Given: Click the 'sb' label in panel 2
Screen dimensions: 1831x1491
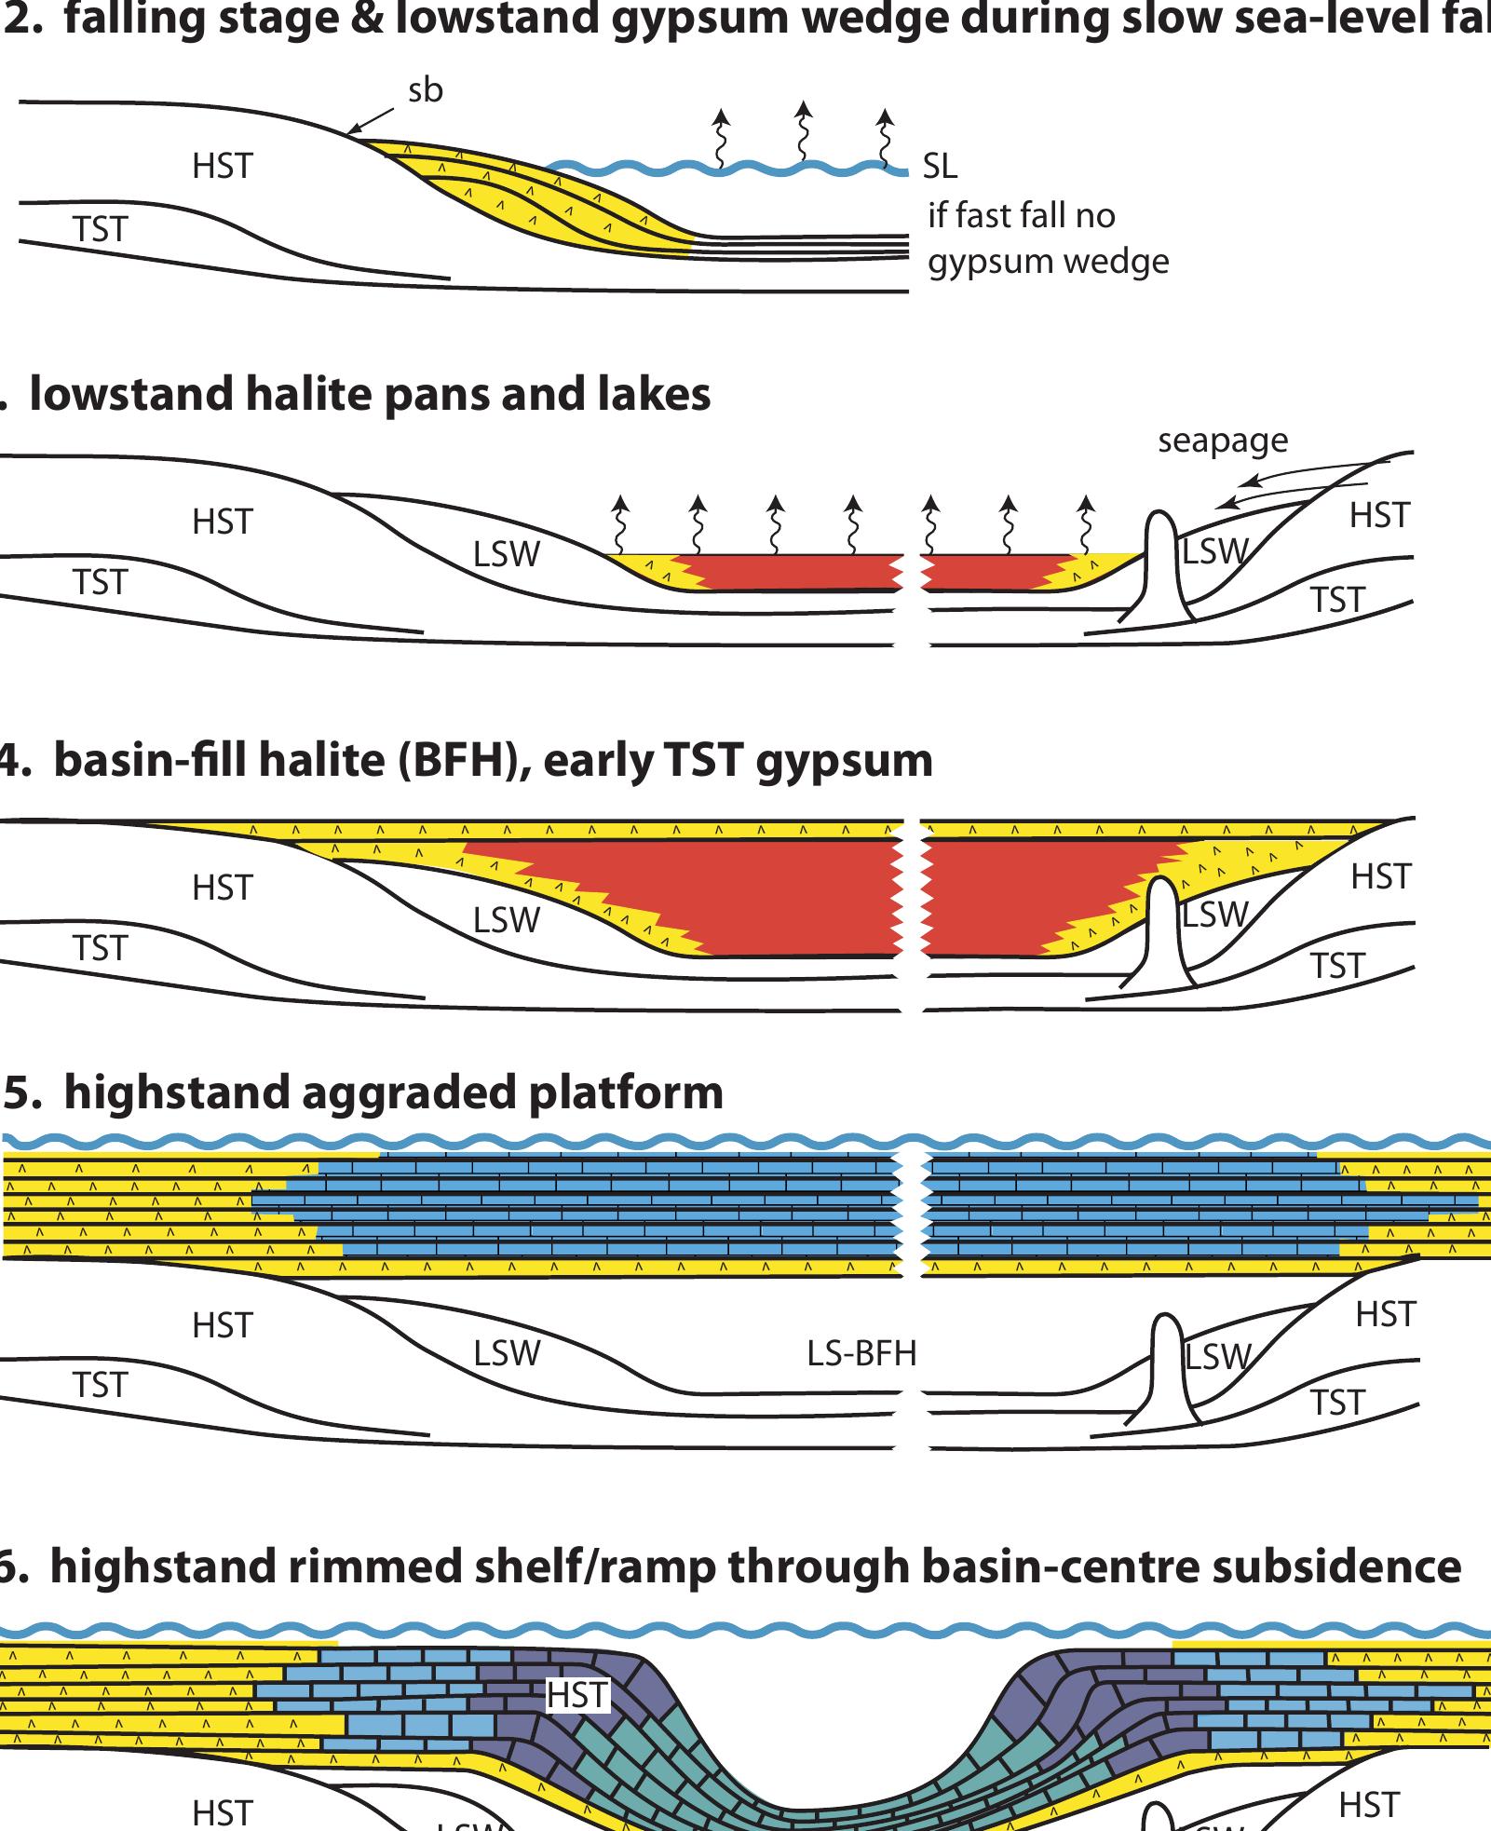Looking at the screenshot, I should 426,91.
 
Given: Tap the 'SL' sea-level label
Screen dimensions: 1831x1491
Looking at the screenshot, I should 940,167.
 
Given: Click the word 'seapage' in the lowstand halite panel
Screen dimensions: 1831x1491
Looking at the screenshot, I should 1223,441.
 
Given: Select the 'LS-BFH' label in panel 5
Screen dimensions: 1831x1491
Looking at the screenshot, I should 861,1353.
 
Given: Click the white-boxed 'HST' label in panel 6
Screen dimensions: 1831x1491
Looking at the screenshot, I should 577,1695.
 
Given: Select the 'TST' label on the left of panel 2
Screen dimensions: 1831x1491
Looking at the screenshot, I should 100,229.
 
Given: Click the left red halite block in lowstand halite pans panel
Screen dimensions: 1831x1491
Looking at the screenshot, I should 792,572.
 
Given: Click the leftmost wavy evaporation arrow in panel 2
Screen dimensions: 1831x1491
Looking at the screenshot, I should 720,140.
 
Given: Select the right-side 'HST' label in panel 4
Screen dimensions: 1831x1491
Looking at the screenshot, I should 1381,876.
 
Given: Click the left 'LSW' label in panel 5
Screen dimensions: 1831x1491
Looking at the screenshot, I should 507,1352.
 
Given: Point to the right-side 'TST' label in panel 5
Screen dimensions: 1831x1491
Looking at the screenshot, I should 1337,1403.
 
